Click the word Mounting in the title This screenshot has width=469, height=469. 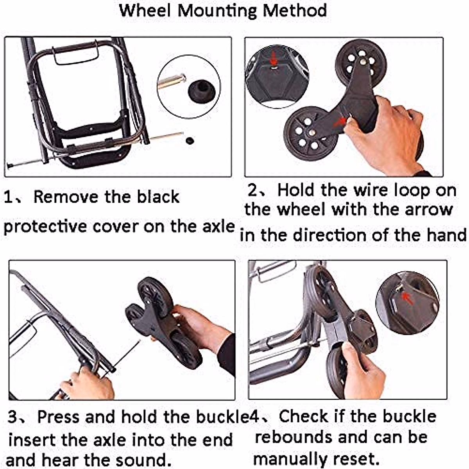tap(217, 11)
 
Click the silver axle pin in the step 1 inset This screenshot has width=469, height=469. tap(172, 81)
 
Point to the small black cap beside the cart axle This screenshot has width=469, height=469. tap(190, 140)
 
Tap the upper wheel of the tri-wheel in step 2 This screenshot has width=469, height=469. tap(361, 63)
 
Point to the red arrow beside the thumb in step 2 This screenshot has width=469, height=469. tap(340, 122)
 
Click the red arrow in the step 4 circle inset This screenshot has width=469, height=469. tap(408, 299)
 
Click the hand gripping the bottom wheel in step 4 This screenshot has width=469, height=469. tap(363, 371)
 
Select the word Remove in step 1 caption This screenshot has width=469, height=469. tap(66, 197)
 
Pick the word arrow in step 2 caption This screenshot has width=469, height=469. tap(429, 210)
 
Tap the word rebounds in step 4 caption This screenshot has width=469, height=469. tap(294, 437)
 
